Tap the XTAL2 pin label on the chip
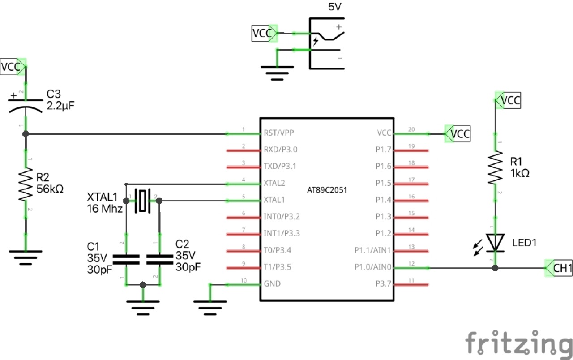coord(275,184)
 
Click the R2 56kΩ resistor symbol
coord(26,184)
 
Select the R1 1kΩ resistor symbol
coord(495,167)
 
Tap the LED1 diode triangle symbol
coord(495,242)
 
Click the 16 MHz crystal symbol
coord(142,201)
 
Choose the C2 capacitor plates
coord(159,259)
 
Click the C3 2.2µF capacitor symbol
coord(26,104)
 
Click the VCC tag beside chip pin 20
coord(460,133)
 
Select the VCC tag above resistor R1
coord(510,101)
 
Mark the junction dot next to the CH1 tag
coord(495,268)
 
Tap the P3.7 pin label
coord(383,284)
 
